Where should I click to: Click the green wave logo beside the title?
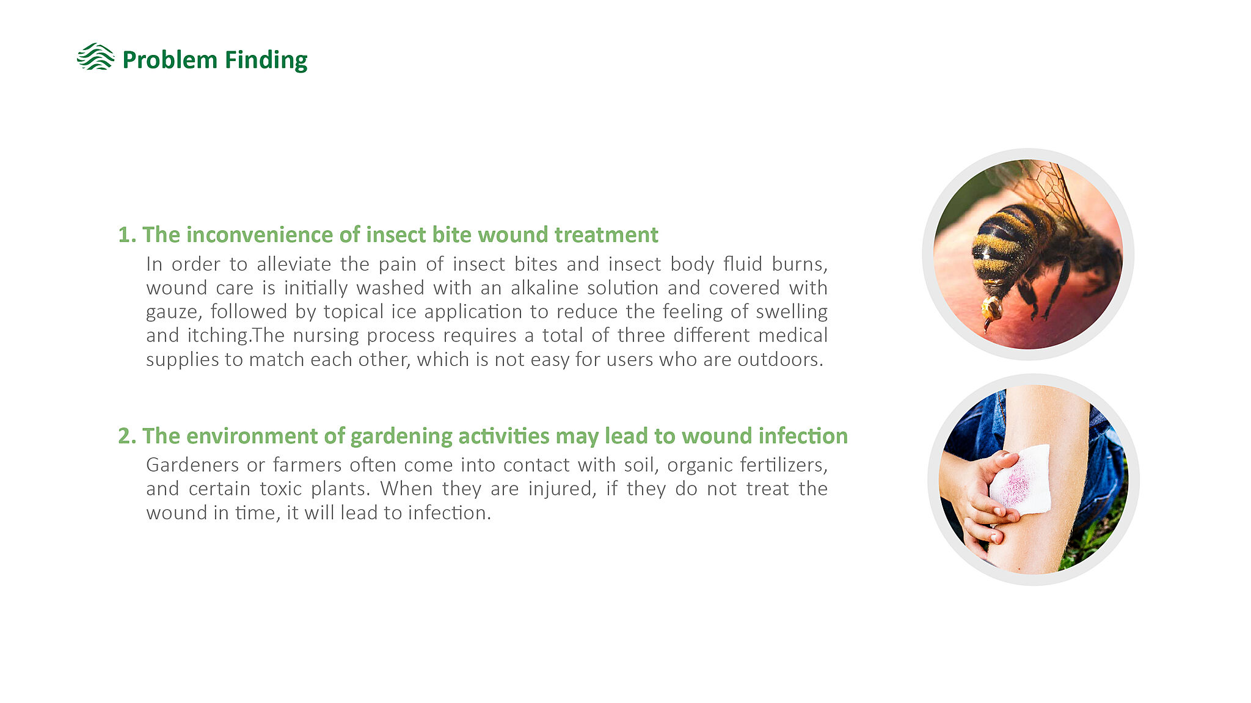pyautogui.click(x=95, y=57)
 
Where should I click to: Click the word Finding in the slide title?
pyautogui.click(x=266, y=60)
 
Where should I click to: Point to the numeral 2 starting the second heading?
pyautogui.click(x=125, y=436)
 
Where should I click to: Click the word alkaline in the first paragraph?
pyautogui.click(x=544, y=288)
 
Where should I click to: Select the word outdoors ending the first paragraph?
pyautogui.click(x=780, y=359)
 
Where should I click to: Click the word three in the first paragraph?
pyautogui.click(x=643, y=335)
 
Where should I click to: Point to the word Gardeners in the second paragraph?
pyautogui.click(x=192, y=465)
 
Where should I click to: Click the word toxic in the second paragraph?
pyautogui.click(x=281, y=489)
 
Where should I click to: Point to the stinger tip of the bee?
pyautogui.click(x=986, y=330)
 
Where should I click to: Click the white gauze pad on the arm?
pyautogui.click(x=1020, y=480)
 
